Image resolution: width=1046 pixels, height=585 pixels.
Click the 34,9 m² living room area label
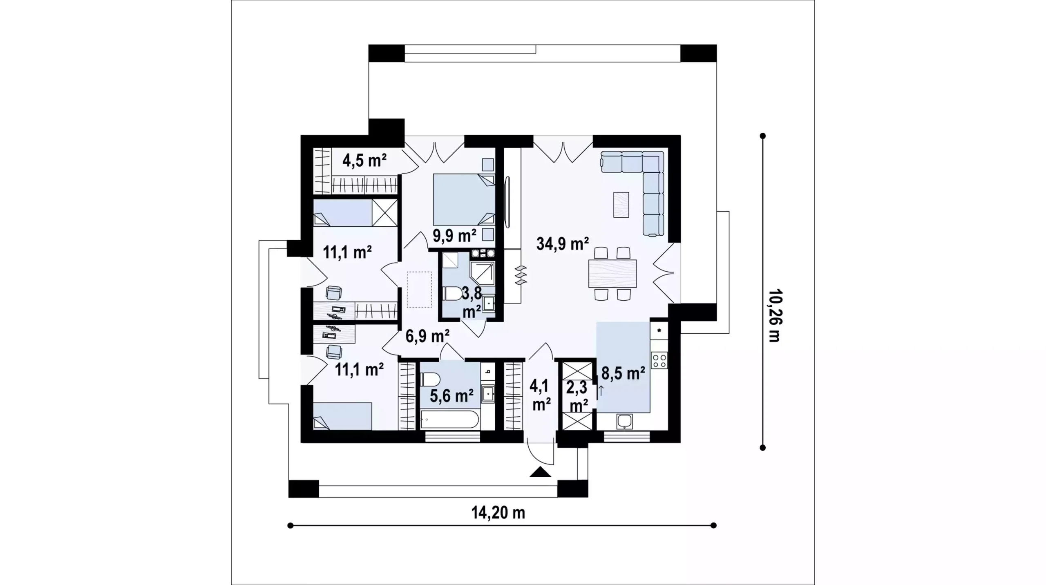click(x=563, y=244)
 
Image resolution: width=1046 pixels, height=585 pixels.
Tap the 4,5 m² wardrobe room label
click(x=364, y=161)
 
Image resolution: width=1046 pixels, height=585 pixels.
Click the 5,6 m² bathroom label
click(x=451, y=395)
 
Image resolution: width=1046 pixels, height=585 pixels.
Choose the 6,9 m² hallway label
click(x=428, y=336)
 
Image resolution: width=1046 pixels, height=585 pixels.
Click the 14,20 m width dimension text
click(x=498, y=512)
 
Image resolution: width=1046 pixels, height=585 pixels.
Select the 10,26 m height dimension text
click(x=774, y=316)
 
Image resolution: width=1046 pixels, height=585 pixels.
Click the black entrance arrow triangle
click(x=541, y=472)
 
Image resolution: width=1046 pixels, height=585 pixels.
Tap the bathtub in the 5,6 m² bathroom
click(x=450, y=420)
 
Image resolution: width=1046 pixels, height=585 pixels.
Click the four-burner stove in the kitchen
click(x=659, y=360)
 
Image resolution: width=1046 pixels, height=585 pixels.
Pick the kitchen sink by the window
click(x=624, y=422)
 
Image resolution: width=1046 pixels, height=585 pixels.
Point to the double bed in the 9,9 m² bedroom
click(x=464, y=199)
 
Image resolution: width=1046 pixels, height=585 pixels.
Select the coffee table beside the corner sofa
click(x=621, y=205)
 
